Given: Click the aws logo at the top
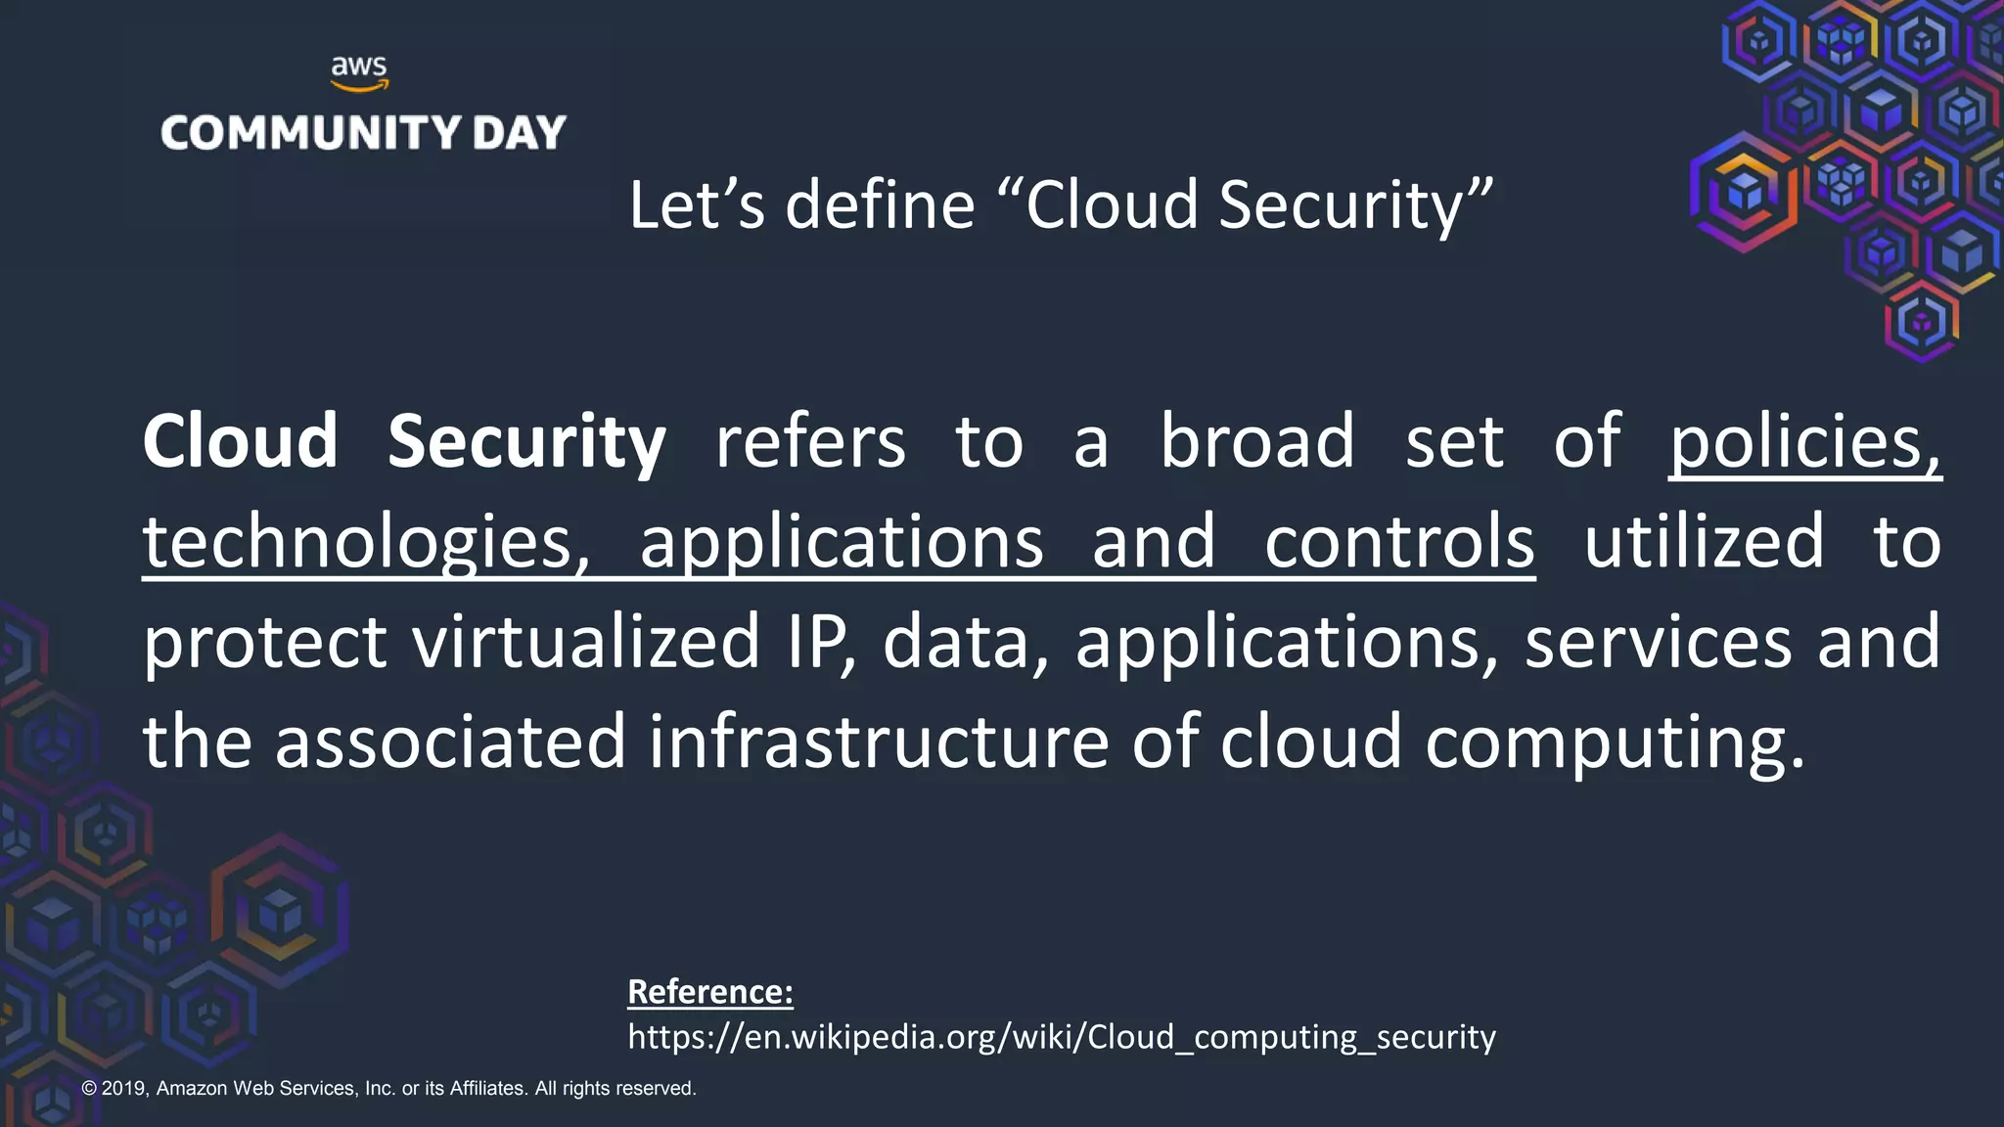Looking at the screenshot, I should pyautogui.click(x=359, y=73).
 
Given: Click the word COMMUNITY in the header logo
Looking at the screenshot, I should pyautogui.click(x=311, y=133).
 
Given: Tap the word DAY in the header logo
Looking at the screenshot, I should pyautogui.click(x=519, y=133).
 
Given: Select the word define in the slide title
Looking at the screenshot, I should pyautogui.click(x=880, y=205).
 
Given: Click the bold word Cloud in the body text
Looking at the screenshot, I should pyautogui.click(x=241, y=442).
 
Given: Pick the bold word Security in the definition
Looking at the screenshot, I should pyautogui.click(x=526, y=442).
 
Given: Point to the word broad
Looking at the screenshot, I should pyautogui.click(x=1257, y=442).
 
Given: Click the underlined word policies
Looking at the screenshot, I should pyautogui.click(x=1803, y=442).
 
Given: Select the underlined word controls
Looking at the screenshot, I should pyautogui.click(x=1399, y=542).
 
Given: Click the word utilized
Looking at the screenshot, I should pyautogui.click(x=1704, y=542).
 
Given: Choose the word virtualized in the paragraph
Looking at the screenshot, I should pyautogui.click(x=585, y=642).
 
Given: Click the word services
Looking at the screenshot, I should pyautogui.click(x=1658, y=642).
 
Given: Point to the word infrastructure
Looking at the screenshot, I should pyautogui.click(x=878, y=742).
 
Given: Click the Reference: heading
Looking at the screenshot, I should pyautogui.click(x=710, y=992).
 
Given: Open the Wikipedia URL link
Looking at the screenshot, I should pyautogui.click(x=1062, y=1037).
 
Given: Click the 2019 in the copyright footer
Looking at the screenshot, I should pyautogui.click(x=124, y=1088).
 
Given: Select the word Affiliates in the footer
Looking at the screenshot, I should pyautogui.click(x=486, y=1088).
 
